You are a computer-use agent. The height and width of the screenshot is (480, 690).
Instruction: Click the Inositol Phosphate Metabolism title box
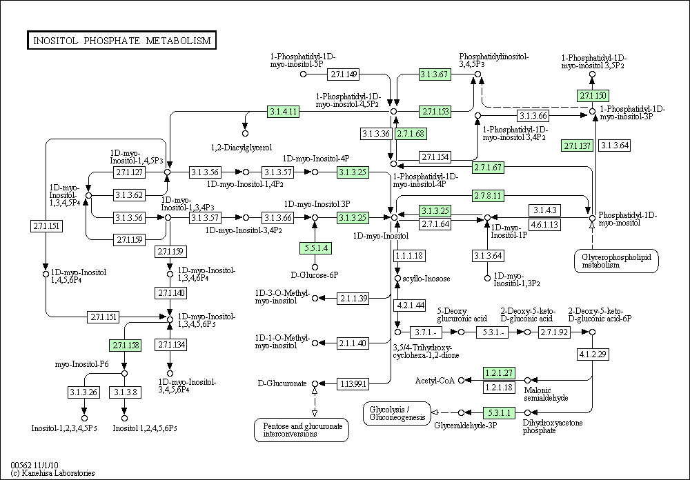pos(121,40)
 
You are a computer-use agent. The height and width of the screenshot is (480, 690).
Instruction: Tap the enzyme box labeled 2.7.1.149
pos(343,74)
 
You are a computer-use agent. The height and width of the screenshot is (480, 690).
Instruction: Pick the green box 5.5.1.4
pos(315,248)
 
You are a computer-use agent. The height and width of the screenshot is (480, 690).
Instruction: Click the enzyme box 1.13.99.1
pos(353,384)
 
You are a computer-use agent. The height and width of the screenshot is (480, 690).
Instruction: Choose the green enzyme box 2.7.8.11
pos(488,195)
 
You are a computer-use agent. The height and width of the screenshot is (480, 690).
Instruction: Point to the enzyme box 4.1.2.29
pos(593,354)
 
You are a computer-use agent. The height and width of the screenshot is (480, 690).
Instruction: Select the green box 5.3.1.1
pos(499,412)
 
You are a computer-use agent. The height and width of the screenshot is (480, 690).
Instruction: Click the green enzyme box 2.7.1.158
pos(126,346)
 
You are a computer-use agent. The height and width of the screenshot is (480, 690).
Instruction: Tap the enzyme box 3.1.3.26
pos(83,392)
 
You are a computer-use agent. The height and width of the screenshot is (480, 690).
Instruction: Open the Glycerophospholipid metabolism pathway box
pos(616,261)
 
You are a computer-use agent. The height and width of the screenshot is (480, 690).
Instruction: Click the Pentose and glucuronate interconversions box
pos(302,430)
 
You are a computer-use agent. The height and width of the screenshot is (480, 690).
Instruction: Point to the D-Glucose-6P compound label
pos(315,275)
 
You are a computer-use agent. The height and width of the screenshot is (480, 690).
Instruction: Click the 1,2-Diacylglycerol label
pos(241,148)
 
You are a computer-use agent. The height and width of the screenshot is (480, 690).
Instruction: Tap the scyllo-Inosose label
pos(426,279)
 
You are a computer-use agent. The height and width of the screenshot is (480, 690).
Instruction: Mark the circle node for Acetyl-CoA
pos(461,380)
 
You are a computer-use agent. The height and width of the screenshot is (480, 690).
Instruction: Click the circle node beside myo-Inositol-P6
pos(124,374)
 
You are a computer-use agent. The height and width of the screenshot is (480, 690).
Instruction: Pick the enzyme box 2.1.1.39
pos(353,299)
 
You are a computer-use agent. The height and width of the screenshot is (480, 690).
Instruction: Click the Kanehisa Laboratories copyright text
pos(53,473)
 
